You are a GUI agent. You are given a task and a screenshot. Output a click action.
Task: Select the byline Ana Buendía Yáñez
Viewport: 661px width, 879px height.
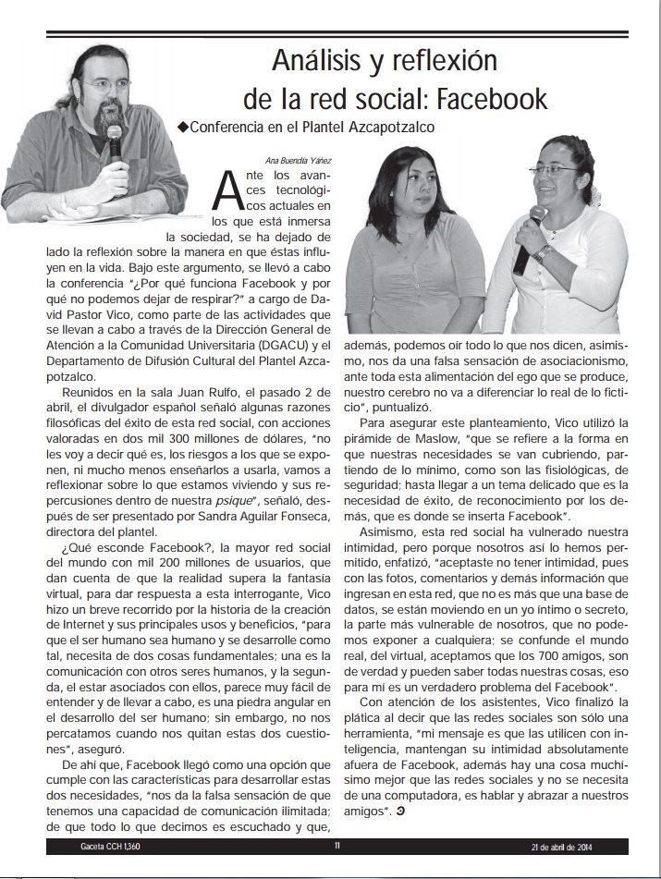[300, 159]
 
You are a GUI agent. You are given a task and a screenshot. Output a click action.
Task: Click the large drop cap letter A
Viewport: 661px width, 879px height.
[226, 191]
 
